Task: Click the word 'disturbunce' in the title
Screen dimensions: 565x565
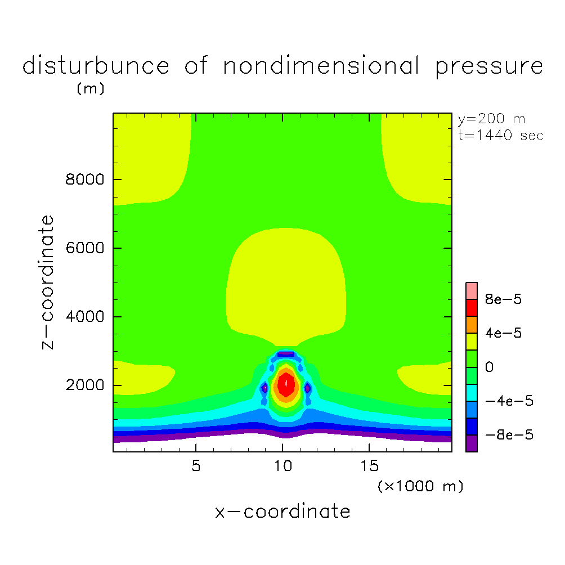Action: click(96, 66)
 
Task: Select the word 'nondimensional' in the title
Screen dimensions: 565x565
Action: click(321, 66)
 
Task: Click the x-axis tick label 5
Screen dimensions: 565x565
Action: click(195, 467)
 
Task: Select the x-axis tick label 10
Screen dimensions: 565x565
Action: click(282, 467)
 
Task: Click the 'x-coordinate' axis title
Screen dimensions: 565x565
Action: click(282, 512)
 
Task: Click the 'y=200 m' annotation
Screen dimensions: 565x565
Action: click(491, 119)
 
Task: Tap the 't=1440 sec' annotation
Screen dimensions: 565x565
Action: click(501, 136)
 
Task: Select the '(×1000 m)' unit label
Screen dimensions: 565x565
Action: click(420, 486)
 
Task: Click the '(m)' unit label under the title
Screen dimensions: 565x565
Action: click(90, 89)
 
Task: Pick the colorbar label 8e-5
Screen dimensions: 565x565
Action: click(503, 299)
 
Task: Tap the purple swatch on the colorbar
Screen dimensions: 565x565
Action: click(472, 443)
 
